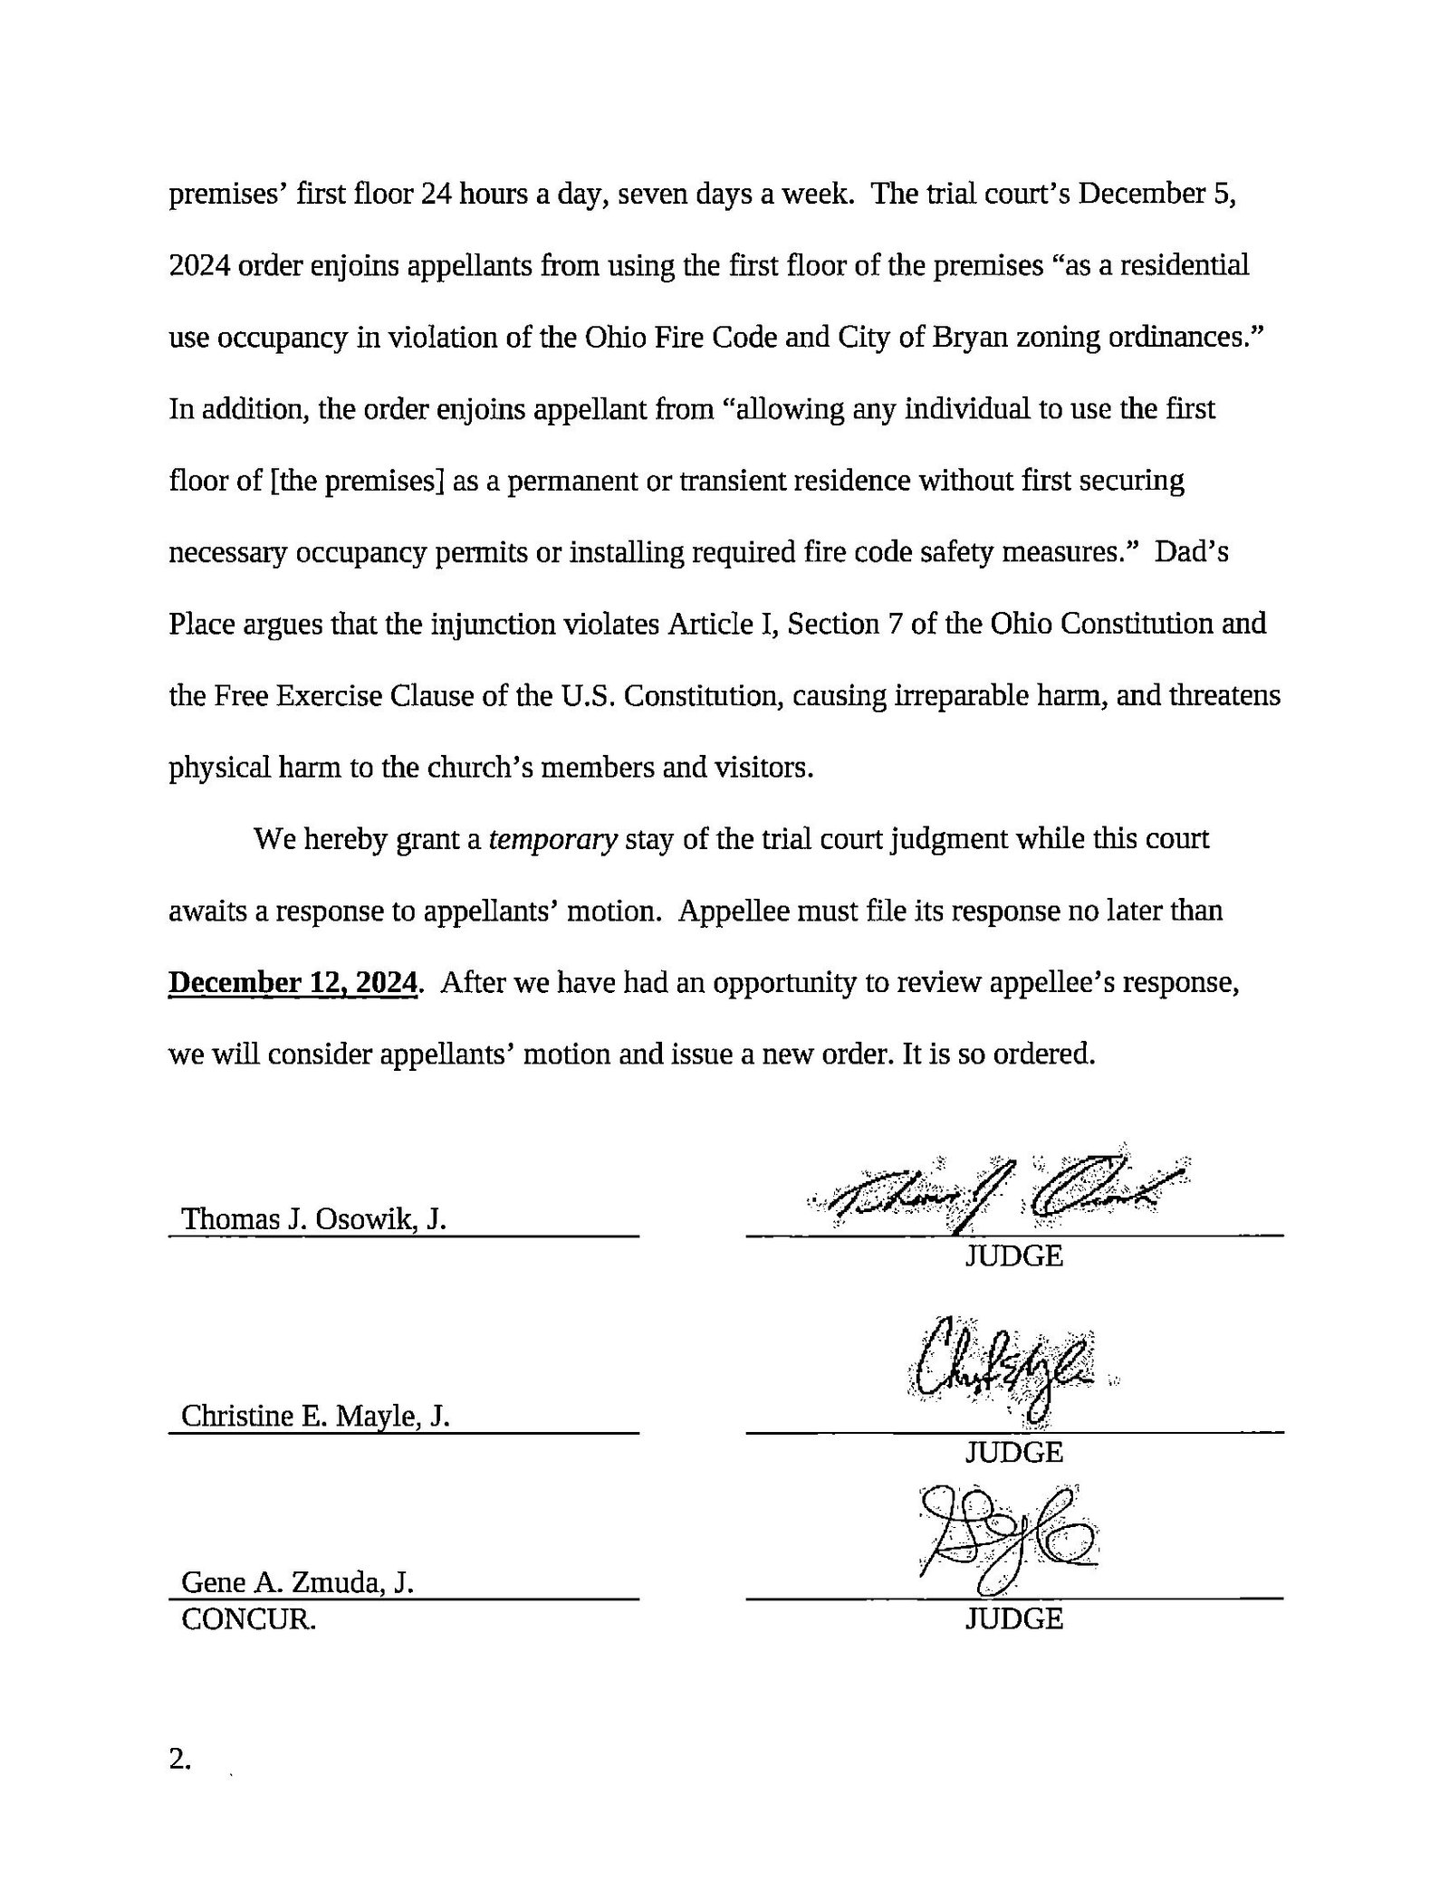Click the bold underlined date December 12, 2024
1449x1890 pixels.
[x=293, y=982]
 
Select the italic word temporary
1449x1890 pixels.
[x=552, y=840]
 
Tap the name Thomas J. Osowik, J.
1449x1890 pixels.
[x=314, y=1219]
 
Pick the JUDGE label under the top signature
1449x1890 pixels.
[x=1013, y=1256]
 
